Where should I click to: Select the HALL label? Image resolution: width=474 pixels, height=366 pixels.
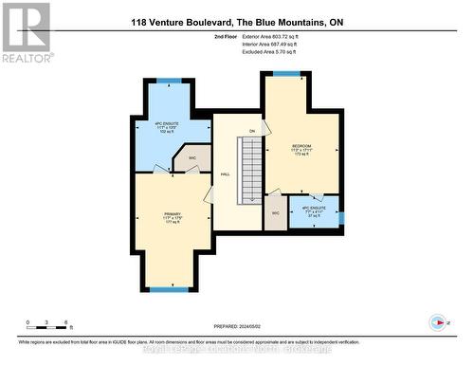pyautogui.click(x=226, y=174)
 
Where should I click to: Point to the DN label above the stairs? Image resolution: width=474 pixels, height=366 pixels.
pyautogui.click(x=252, y=130)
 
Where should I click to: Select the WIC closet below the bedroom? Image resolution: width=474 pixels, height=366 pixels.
pyautogui.click(x=274, y=212)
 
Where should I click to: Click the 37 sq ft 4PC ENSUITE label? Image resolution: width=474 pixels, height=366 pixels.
pyautogui.click(x=313, y=211)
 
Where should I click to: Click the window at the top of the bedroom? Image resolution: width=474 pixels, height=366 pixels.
pyautogui.click(x=287, y=74)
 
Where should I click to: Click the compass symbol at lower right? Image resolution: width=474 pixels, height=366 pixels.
pyautogui.click(x=437, y=321)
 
